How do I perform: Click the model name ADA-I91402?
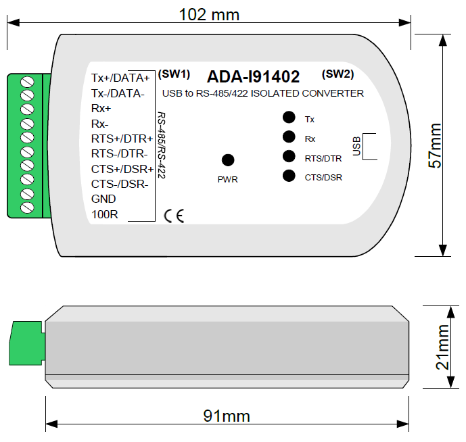coord(253,76)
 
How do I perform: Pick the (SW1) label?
coord(174,73)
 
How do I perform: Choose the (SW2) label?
coord(338,73)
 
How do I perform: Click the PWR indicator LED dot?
coord(228,160)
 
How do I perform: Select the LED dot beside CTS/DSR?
coord(289,177)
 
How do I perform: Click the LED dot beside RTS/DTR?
coord(289,157)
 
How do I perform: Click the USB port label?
coord(356,145)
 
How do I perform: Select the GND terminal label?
coord(103,199)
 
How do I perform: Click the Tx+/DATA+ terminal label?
coord(120,78)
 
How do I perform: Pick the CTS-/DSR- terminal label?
coord(119,185)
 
